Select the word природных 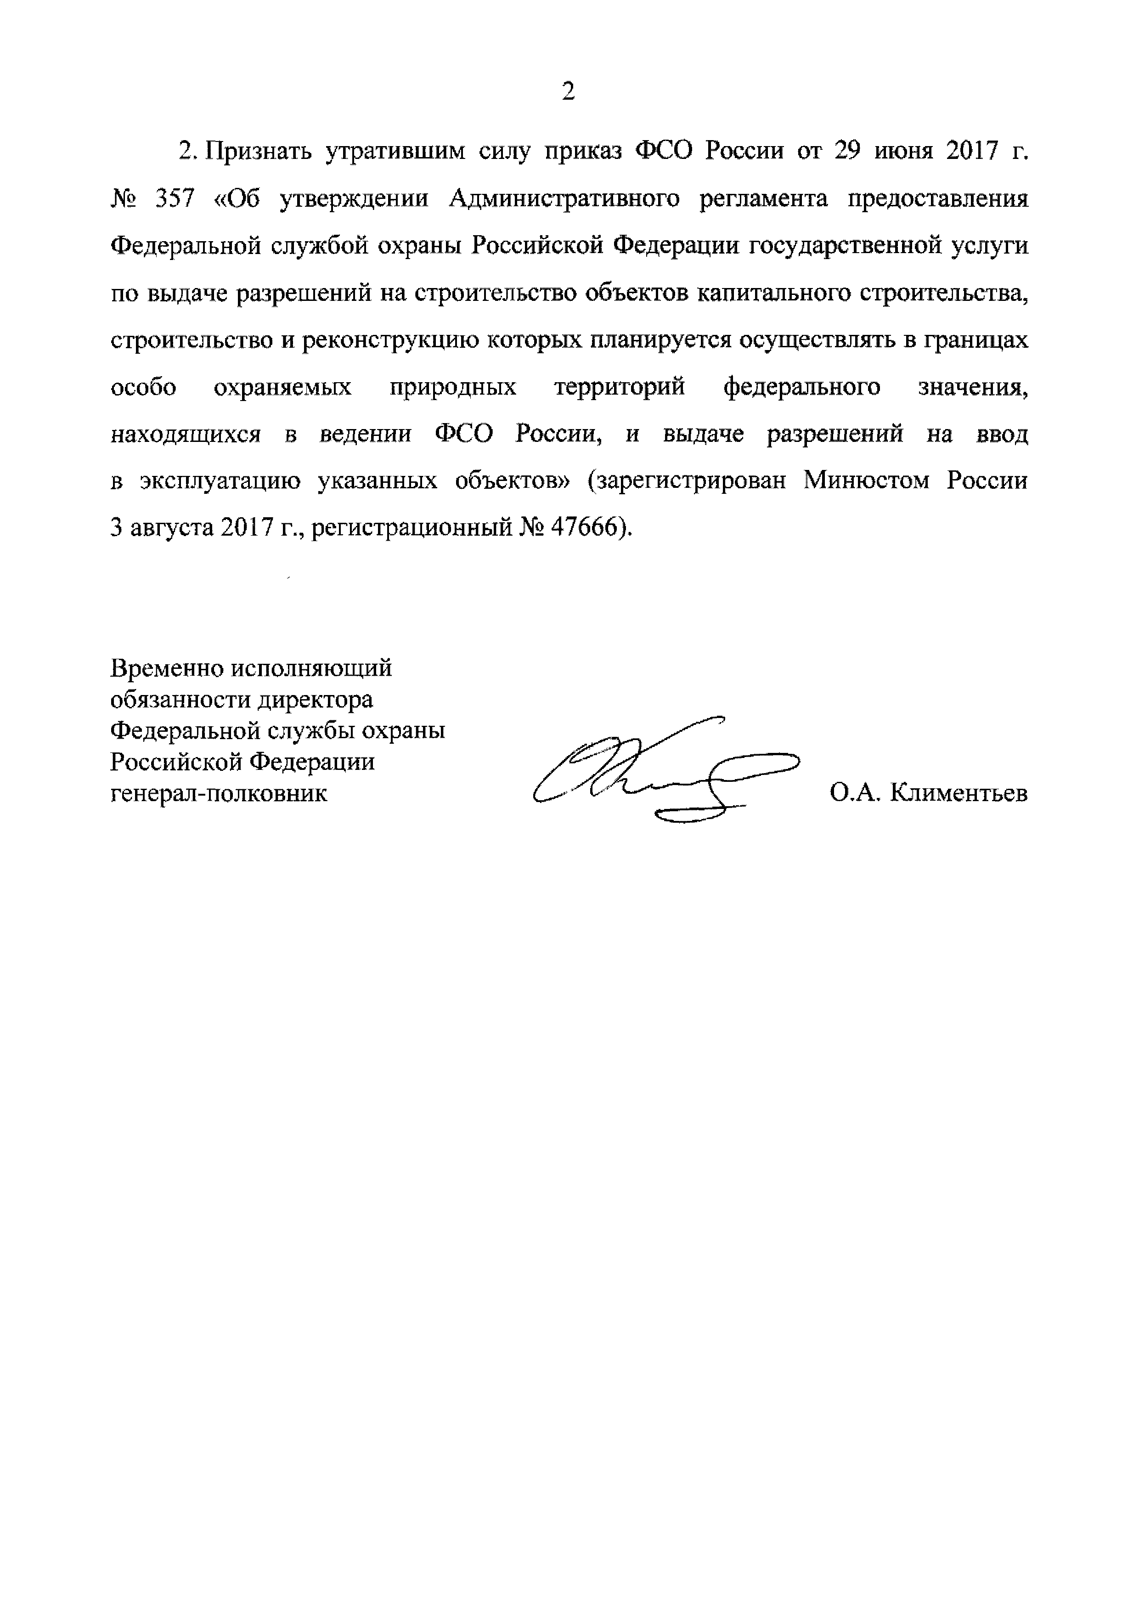coord(452,387)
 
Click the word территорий coord(619,387)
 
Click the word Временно coord(166,668)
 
